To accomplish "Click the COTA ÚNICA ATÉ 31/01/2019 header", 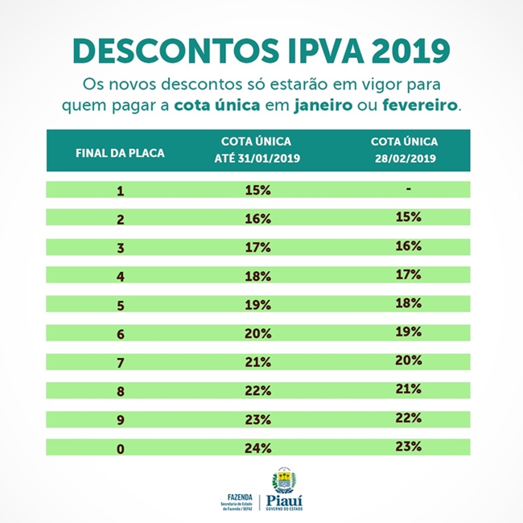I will tap(257, 150).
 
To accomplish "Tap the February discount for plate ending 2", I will tap(409, 217).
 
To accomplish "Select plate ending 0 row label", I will tap(121, 449).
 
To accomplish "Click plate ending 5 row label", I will tap(121, 306).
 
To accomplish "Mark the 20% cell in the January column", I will tap(257, 333).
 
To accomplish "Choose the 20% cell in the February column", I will tap(409, 360).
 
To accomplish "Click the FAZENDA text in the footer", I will tap(232, 496).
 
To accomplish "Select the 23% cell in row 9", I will tap(257, 419).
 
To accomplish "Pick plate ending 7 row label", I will tap(121, 363).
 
